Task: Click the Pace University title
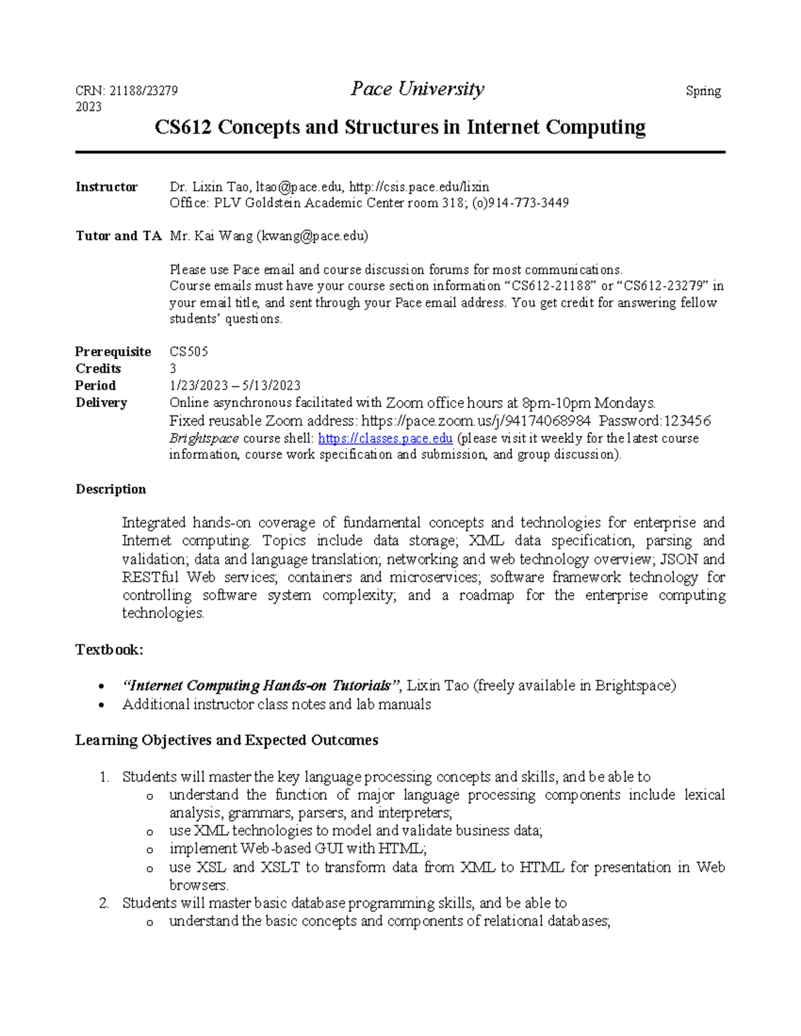[x=417, y=89]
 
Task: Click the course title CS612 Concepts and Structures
[x=400, y=127]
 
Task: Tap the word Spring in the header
[x=703, y=91]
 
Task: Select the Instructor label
[x=106, y=187]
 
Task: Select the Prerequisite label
[x=113, y=352]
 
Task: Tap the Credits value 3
[x=173, y=369]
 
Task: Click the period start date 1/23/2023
[x=198, y=386]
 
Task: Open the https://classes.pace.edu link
[x=385, y=438]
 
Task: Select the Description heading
[x=110, y=489]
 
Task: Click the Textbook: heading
[x=109, y=649]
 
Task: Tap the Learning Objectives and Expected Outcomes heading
[x=226, y=740]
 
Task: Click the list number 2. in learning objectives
[x=103, y=903]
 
